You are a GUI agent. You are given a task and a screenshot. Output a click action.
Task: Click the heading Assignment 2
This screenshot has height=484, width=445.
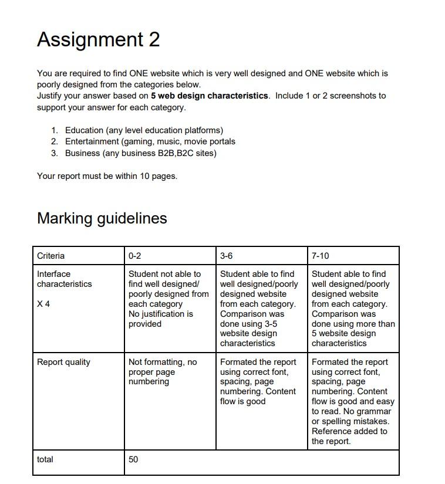click(98, 39)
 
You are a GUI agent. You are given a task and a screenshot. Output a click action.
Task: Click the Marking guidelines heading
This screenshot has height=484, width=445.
click(102, 218)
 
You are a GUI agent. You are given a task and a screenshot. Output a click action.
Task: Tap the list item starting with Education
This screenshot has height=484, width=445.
click(144, 130)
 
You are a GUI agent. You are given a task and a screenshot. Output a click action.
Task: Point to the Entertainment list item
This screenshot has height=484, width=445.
click(150, 141)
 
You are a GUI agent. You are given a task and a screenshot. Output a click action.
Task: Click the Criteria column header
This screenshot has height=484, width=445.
click(51, 256)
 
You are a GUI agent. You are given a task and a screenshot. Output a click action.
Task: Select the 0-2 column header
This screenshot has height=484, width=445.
click(134, 256)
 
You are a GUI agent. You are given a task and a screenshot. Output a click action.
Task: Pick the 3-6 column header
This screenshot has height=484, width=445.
click(227, 256)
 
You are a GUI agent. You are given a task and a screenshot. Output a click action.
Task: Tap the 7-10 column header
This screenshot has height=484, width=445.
click(321, 256)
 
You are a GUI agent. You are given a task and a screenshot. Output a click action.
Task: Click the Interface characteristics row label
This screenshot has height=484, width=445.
click(64, 279)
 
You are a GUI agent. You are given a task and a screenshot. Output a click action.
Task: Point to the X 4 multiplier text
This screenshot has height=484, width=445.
click(43, 304)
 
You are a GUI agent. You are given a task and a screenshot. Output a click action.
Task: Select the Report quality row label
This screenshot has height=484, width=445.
click(63, 362)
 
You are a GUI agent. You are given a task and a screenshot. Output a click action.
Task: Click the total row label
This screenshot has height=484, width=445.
click(45, 459)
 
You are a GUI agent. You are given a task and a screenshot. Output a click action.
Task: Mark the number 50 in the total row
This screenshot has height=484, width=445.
click(133, 459)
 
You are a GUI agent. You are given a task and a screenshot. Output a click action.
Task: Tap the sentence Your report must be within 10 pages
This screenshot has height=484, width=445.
click(107, 176)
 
